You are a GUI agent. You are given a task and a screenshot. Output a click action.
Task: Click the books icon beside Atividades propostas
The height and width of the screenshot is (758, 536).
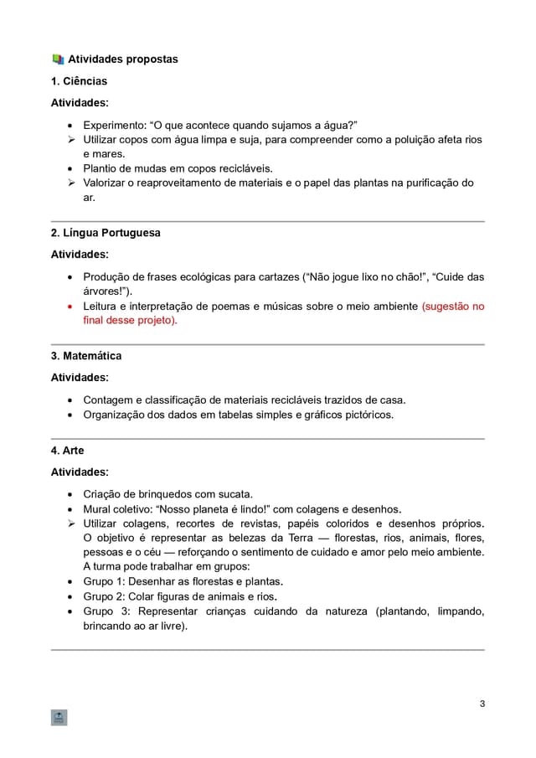coord(58,59)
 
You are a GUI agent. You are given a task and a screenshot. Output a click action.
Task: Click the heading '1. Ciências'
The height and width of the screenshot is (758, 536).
coord(79,81)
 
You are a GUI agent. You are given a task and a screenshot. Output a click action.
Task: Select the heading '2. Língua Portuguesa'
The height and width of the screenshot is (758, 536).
coord(106,233)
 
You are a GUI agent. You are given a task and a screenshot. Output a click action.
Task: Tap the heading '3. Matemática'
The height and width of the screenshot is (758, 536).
coord(86,356)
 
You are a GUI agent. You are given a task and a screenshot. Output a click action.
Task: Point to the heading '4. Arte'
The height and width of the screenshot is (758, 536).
coord(68,451)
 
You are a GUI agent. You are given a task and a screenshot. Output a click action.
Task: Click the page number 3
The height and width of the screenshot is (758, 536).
coord(482,703)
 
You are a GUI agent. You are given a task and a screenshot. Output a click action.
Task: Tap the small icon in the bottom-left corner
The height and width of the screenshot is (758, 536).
coord(59,718)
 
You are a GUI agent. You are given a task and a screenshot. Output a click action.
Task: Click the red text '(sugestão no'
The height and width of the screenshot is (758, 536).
coord(452,307)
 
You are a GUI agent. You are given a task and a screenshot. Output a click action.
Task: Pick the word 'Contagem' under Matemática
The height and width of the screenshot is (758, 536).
coord(107,400)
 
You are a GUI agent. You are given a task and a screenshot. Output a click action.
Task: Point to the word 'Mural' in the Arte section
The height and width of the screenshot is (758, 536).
coord(98,508)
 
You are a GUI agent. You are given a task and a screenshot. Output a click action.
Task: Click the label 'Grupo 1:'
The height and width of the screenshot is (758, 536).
coord(104,580)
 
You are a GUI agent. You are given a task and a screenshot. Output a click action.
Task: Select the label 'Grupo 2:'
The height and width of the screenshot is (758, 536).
coord(104,596)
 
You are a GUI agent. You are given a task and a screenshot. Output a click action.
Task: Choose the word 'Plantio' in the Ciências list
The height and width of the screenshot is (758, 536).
coord(101,168)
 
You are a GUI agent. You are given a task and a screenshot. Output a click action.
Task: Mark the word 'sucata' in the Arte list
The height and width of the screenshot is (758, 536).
coord(233,493)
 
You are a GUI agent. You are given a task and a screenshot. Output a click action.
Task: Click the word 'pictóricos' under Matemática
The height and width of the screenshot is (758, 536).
coord(365,415)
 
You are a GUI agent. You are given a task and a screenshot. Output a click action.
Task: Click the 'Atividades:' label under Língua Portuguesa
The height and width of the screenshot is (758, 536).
coord(80,254)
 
